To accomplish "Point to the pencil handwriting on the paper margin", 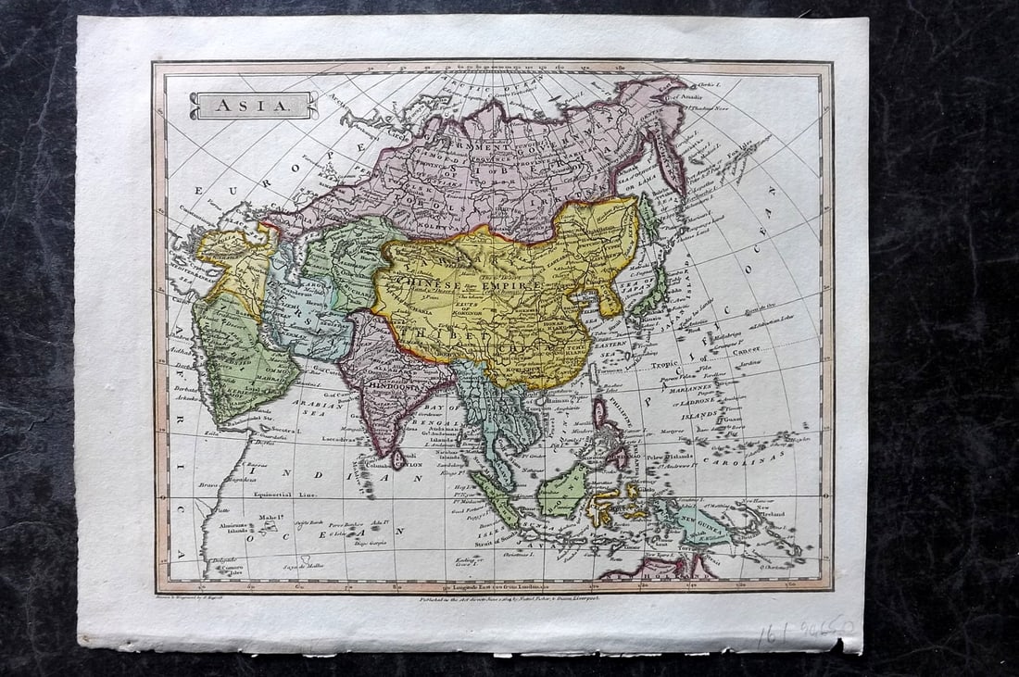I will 804,633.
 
